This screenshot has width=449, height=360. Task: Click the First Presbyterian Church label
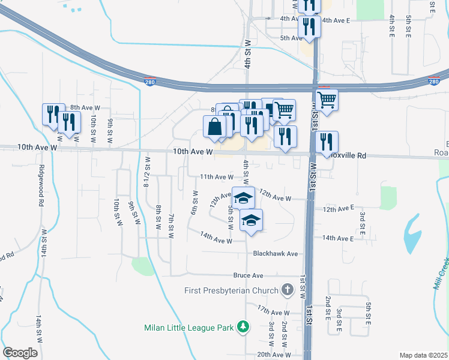coord(231,291)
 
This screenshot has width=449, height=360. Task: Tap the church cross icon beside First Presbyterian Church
coord(288,291)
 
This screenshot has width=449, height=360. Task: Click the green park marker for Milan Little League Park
coord(243,327)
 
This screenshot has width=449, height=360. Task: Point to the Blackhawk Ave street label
coord(276,254)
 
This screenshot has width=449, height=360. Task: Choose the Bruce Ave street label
coord(249,275)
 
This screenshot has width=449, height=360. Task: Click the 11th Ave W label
coord(216,177)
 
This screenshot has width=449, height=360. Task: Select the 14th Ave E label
coord(338,238)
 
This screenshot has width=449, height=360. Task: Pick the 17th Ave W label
coord(273,313)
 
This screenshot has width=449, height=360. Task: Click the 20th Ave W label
coord(274,355)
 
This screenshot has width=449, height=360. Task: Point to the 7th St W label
coord(171,226)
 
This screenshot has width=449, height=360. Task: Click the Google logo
coord(20,353)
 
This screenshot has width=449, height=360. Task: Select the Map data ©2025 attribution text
coord(423,355)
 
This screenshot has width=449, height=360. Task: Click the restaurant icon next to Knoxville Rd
coord(327,142)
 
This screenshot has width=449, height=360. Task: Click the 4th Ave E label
coord(336,20)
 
